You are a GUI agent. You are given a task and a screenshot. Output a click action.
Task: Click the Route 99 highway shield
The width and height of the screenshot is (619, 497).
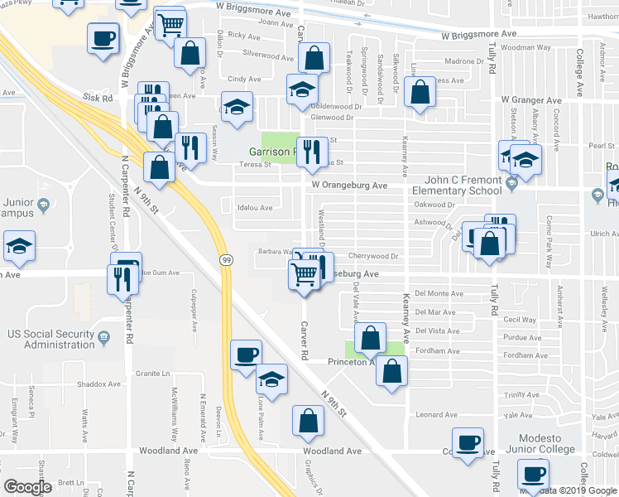[x=226, y=260]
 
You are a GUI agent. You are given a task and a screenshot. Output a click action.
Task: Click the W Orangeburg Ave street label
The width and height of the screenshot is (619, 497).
[x=349, y=186]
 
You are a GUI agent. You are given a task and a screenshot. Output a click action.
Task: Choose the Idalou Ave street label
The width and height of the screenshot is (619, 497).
[x=254, y=208]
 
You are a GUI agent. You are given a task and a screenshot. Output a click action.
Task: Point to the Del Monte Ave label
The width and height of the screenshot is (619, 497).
[x=439, y=293]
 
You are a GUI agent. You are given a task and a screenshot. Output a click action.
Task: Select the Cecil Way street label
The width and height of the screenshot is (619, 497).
[x=520, y=320]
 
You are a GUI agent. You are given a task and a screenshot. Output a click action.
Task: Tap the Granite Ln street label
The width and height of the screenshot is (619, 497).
[x=152, y=374]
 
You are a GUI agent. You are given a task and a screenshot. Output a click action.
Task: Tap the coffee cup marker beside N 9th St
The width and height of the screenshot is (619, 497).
[x=246, y=355]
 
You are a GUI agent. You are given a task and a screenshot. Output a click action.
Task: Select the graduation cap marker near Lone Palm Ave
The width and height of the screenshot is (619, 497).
[x=271, y=379]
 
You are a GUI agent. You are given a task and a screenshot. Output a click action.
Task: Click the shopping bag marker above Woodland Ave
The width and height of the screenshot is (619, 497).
[x=308, y=421]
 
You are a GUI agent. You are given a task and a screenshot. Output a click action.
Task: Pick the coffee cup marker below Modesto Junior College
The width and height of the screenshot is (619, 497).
[x=533, y=475]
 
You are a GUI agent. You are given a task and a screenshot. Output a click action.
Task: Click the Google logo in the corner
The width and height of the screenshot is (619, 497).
[x=27, y=487]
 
